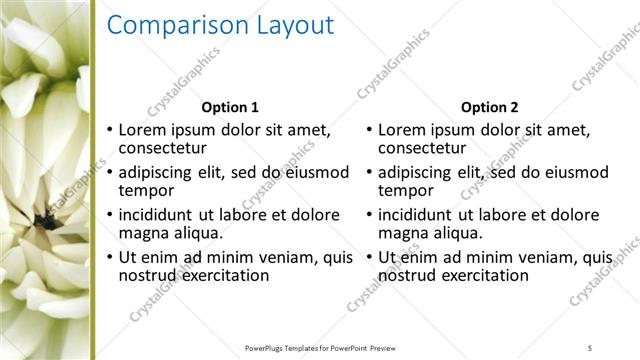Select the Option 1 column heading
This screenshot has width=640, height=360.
click(230, 107)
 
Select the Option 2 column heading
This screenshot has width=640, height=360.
click(489, 107)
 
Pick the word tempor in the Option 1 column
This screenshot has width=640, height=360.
click(146, 190)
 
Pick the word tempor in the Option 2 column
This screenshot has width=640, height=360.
click(405, 190)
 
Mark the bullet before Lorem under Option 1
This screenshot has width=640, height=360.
click(110, 131)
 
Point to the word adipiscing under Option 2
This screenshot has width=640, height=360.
click(421, 172)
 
